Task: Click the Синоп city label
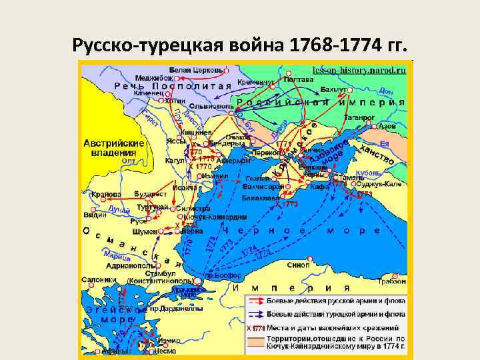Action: click(x=296, y=265)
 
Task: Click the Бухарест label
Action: click(x=149, y=194)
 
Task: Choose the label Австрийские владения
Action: click(x=114, y=148)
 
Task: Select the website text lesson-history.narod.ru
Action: click(x=358, y=69)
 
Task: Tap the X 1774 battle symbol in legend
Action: click(x=255, y=328)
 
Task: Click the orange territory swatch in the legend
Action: click(x=255, y=339)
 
